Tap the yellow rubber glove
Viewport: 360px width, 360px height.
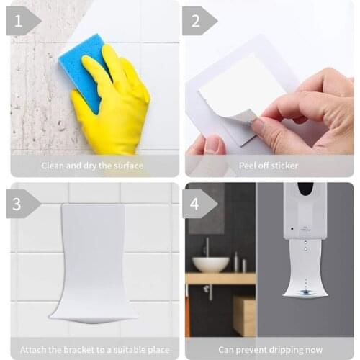pos(115,101)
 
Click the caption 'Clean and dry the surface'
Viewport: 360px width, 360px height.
pos(91,166)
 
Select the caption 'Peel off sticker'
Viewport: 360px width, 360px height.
pos(269,166)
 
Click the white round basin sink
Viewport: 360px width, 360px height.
pos(211,264)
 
